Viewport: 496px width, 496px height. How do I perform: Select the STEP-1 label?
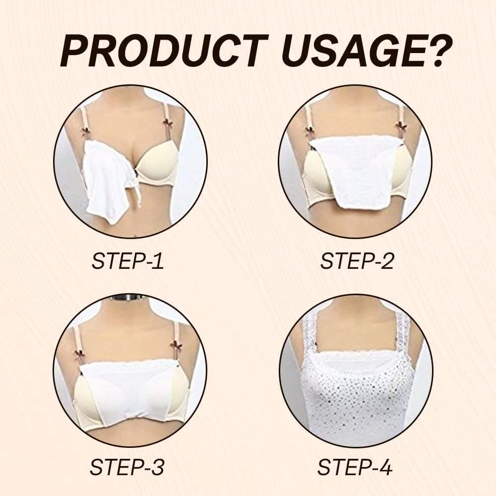click(x=127, y=261)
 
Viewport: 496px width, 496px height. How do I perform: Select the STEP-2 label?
click(x=357, y=261)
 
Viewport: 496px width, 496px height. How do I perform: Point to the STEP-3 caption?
click(x=127, y=467)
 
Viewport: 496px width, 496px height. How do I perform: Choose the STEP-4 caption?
click(x=355, y=467)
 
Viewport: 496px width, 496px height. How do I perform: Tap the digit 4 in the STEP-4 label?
click(x=385, y=467)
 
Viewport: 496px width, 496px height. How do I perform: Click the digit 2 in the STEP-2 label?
click(x=386, y=261)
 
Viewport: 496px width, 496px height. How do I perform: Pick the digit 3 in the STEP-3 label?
click(x=157, y=467)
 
